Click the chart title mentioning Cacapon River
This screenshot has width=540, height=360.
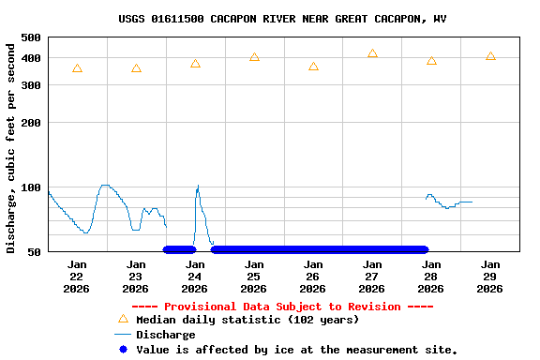[282, 19]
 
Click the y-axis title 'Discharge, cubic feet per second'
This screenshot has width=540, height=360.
[11, 147]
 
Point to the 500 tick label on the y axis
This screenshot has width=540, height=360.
[30, 37]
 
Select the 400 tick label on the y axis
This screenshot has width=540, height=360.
[30, 58]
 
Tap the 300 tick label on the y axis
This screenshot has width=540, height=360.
[30, 85]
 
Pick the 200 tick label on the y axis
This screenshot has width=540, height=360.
[30, 123]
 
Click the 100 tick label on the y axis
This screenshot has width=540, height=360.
[30, 187]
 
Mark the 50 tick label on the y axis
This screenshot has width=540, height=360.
[34, 252]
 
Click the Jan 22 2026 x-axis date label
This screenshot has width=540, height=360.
[77, 277]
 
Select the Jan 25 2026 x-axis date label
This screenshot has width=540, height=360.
[254, 277]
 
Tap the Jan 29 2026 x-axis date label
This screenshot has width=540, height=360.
[490, 277]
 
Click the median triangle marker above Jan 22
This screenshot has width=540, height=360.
[77, 68]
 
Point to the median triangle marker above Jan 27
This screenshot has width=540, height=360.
[372, 53]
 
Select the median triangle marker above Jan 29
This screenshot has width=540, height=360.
[490, 56]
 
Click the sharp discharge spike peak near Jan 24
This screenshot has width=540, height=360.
[198, 187]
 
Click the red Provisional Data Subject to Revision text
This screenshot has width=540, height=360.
[282, 307]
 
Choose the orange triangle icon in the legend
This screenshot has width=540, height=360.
[122, 319]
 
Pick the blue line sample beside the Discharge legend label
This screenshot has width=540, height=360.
[122, 335]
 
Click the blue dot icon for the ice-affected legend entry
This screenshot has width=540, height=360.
[122, 350]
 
